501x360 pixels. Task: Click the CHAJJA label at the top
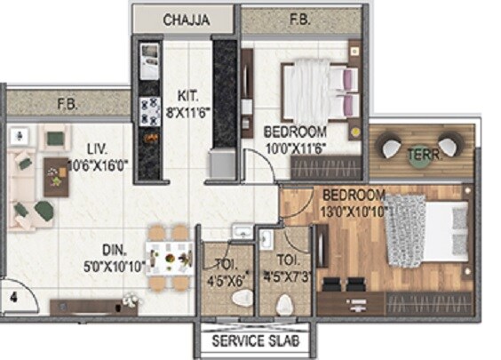coord(185,20)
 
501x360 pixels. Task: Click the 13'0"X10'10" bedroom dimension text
coord(355,211)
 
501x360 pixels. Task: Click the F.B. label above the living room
coord(68,103)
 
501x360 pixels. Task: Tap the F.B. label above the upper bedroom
coord(299,20)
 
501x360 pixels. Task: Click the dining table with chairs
coord(168,257)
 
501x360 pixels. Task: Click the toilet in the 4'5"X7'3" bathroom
coord(284,305)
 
